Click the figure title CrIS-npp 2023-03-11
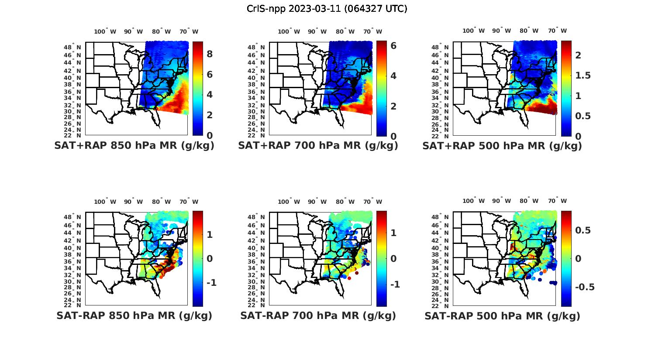(327, 9)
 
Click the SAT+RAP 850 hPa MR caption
(134, 146)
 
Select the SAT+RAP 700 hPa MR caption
(318, 146)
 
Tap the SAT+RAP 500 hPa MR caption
(502, 146)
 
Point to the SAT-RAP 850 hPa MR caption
(134, 315)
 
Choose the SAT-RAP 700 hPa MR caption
(318, 315)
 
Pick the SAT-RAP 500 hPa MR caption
(502, 316)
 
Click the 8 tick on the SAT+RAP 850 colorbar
(210, 54)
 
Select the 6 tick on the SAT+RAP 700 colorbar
(393, 45)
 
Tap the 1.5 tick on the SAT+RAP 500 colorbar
(583, 75)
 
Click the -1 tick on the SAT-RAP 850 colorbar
(211, 283)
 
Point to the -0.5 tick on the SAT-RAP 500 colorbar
(585, 287)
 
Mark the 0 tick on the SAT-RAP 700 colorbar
(393, 259)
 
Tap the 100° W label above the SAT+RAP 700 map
(289, 31)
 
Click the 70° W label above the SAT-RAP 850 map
(189, 202)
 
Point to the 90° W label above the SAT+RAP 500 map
(501, 31)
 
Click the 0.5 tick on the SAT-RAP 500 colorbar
(583, 230)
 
